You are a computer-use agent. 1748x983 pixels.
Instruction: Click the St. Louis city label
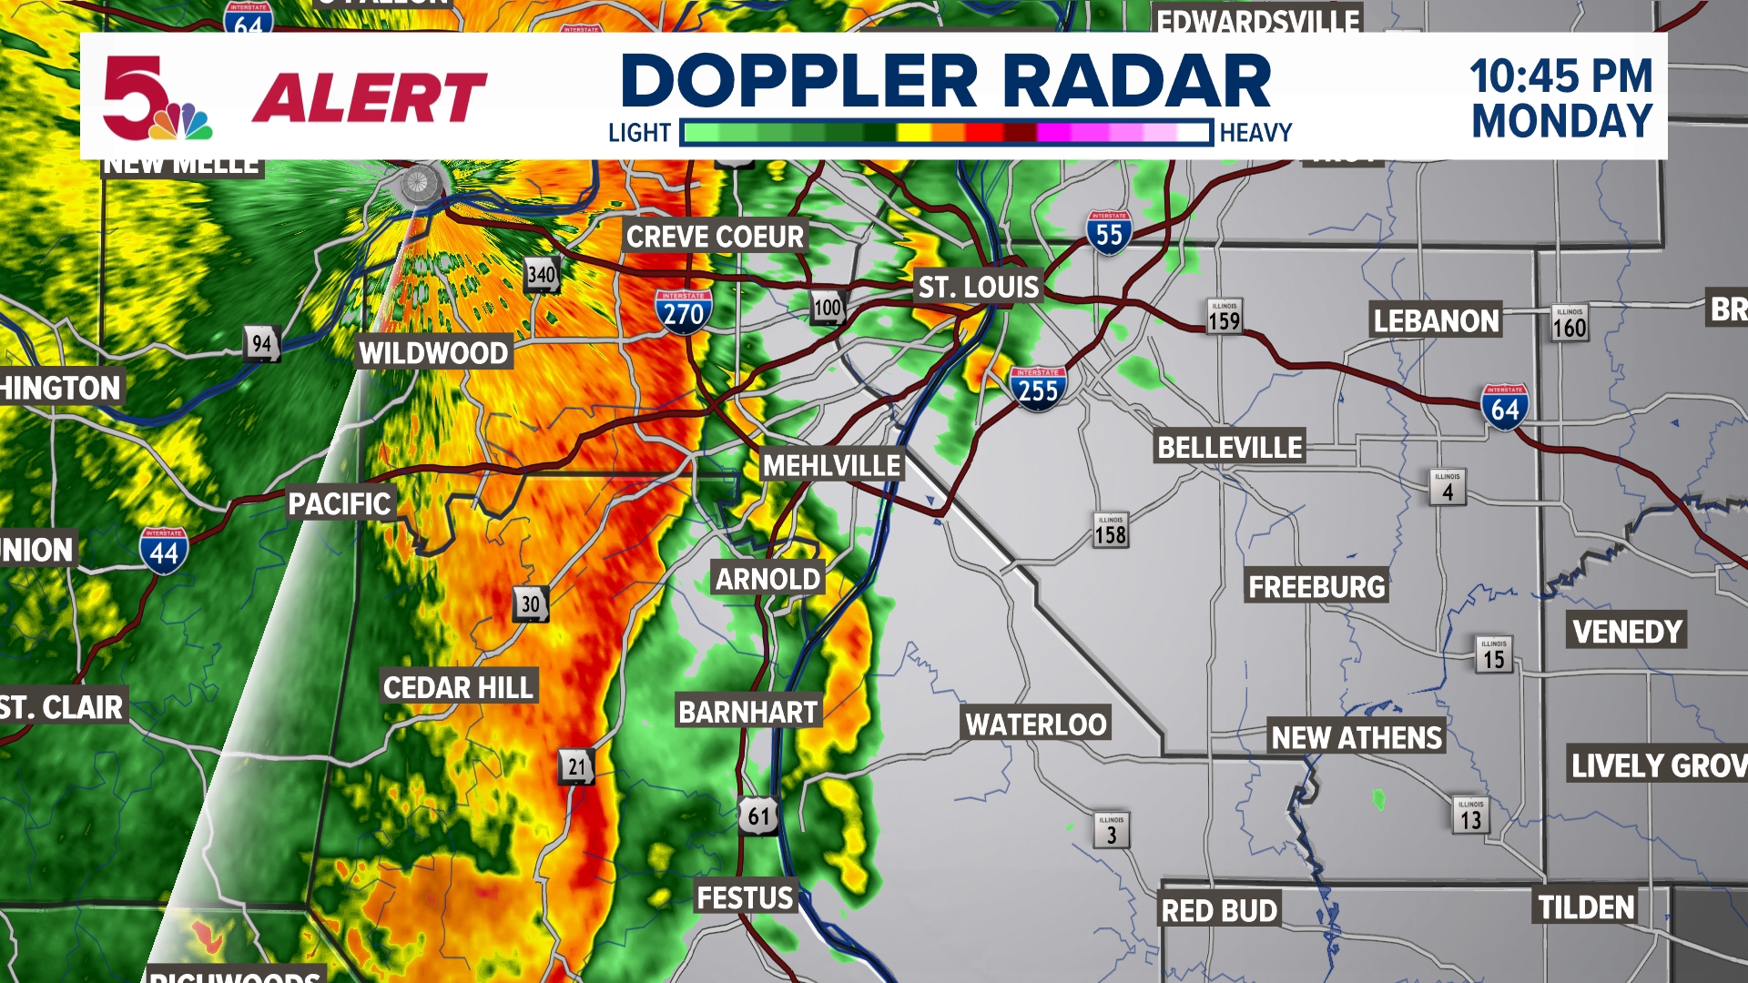pyautogui.click(x=978, y=288)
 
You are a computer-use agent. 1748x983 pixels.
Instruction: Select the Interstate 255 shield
pyautogui.click(x=1038, y=389)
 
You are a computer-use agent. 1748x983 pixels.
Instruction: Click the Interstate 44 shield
pyautogui.click(x=164, y=551)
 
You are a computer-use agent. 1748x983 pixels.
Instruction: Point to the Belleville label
pyautogui.click(x=1229, y=448)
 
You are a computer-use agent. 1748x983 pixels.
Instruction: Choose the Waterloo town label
pyautogui.click(x=1036, y=725)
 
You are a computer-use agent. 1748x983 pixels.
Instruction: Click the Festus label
pyautogui.click(x=745, y=898)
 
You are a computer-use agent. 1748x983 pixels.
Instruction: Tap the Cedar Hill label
pyautogui.click(x=458, y=688)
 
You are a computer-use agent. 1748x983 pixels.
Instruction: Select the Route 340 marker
pyautogui.click(x=542, y=274)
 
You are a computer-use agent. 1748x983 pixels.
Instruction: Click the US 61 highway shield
pyautogui.click(x=758, y=816)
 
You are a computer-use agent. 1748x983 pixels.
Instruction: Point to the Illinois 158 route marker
pyautogui.click(x=1111, y=532)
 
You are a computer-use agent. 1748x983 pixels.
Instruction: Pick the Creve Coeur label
pyautogui.click(x=715, y=238)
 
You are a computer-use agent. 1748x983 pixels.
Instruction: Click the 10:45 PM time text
pyautogui.click(x=1560, y=76)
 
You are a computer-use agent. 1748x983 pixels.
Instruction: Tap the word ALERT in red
pyautogui.click(x=370, y=97)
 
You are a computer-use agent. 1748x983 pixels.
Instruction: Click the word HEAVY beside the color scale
pyautogui.click(x=1255, y=134)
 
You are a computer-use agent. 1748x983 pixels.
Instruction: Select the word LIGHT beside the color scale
pyautogui.click(x=639, y=134)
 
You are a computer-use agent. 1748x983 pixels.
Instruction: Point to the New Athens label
pyautogui.click(x=1357, y=738)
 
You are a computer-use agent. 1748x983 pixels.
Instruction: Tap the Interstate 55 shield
pyautogui.click(x=1109, y=233)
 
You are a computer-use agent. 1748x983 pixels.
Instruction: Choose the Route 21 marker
pyautogui.click(x=576, y=767)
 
